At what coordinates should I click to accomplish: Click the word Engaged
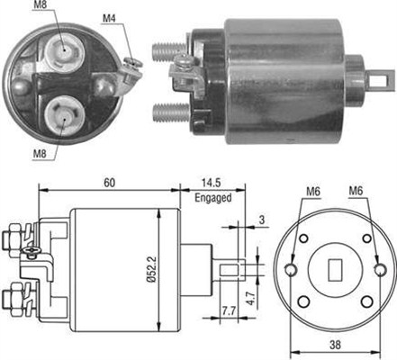click(212, 195)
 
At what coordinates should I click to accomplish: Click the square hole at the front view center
click(335, 268)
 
